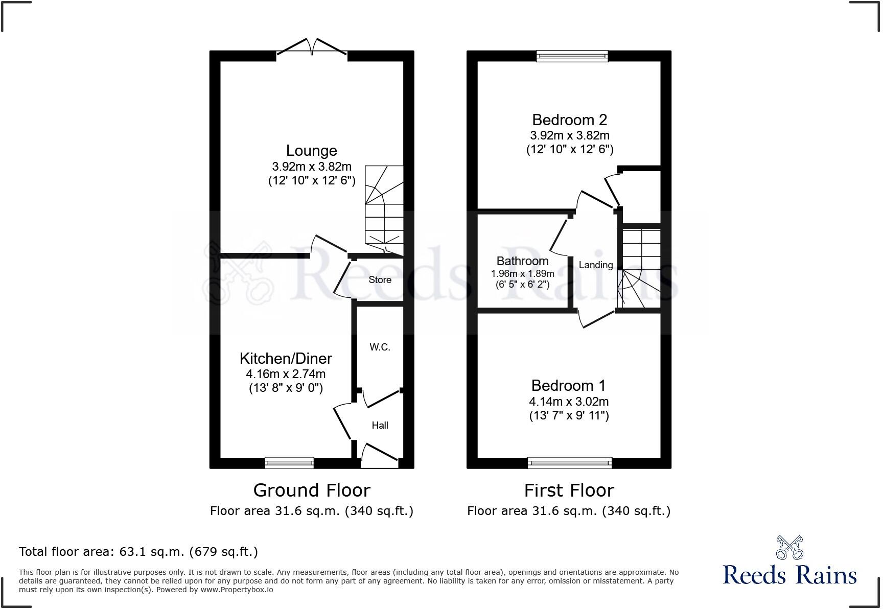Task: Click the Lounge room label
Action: pos(311,151)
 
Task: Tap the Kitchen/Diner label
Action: pos(286,358)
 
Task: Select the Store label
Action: pos(380,280)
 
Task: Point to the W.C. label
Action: pos(380,347)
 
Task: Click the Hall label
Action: pos(380,425)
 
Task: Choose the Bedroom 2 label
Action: pos(569,120)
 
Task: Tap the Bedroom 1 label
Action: pos(568,385)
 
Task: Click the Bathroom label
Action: pos(522,261)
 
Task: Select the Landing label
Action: pos(595,265)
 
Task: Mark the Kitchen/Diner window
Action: pos(289,463)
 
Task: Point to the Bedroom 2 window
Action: pos(572,56)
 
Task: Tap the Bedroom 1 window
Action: pos(569,463)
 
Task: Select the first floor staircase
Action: pos(639,268)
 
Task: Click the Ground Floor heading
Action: pos(311,490)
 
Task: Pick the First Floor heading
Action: pos(569,490)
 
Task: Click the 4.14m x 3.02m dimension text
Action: pos(569,402)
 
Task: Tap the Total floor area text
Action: pos(138,552)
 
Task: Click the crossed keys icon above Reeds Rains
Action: pos(789,547)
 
